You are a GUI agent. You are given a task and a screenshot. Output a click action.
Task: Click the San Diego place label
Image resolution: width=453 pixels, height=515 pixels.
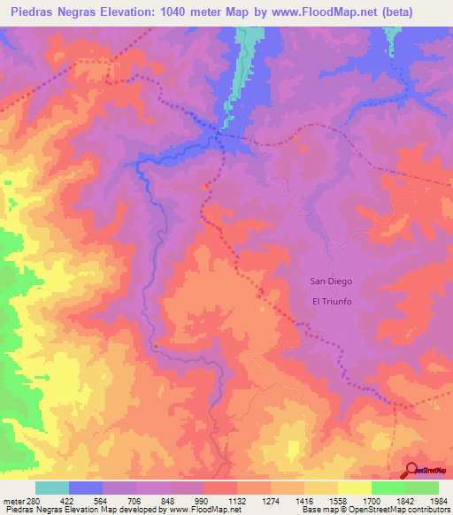(x=330, y=281)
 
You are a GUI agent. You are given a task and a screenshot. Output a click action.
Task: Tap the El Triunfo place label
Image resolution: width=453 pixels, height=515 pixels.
(x=333, y=301)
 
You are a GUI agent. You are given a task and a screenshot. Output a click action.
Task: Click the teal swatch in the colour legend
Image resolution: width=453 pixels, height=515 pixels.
(x=51, y=488)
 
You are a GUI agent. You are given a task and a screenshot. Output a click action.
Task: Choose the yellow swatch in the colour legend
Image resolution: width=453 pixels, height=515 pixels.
(x=354, y=488)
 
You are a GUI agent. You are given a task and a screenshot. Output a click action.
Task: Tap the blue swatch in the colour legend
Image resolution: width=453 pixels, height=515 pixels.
(x=85, y=488)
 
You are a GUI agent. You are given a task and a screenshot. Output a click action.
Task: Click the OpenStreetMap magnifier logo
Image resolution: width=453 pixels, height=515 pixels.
(x=411, y=469)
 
